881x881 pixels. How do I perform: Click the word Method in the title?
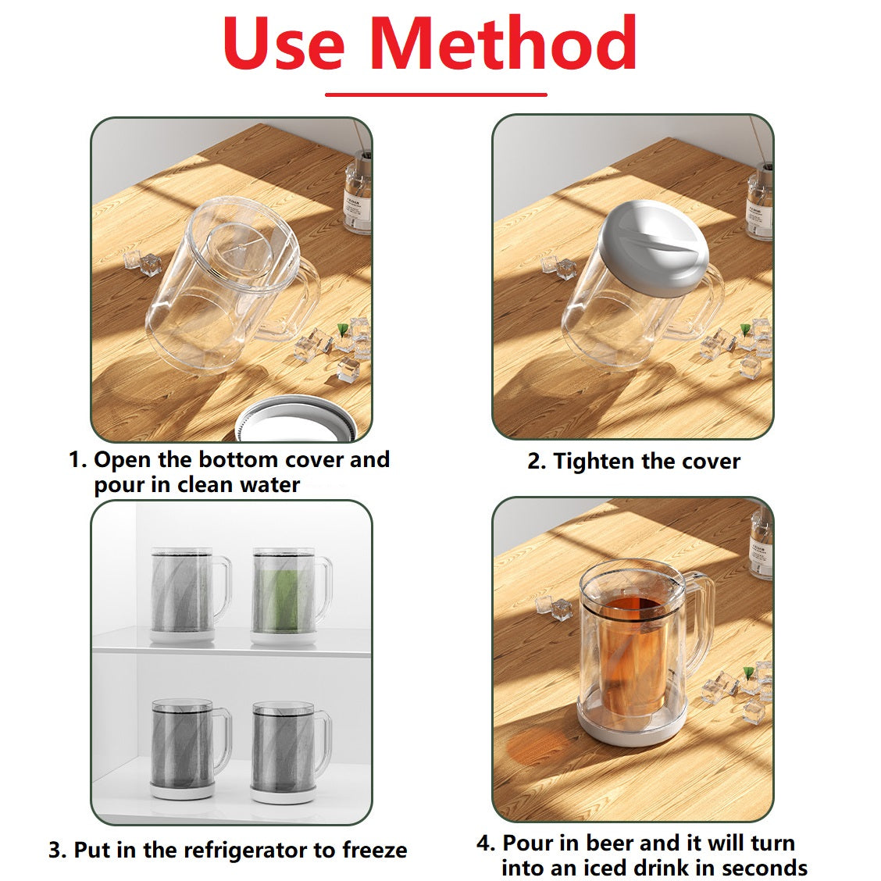pos(503,43)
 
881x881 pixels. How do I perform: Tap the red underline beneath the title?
pos(436,95)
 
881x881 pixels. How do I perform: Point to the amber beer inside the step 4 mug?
pos(634,651)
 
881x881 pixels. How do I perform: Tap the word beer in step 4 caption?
pos(608,843)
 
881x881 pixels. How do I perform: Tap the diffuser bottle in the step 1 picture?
pos(358,191)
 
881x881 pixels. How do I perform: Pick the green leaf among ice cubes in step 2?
pos(745,330)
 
